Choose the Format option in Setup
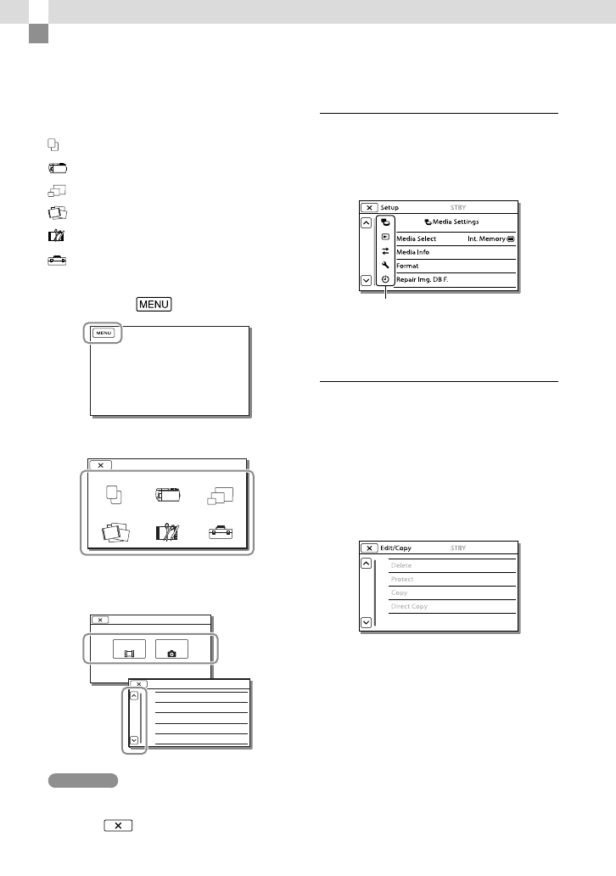click(x=408, y=266)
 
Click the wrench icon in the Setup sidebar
click(x=384, y=265)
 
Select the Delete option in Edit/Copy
click(x=402, y=565)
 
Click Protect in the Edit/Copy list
click(x=402, y=579)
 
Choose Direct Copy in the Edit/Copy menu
click(x=409, y=606)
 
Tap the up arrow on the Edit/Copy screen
click(x=366, y=563)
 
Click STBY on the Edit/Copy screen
click(x=458, y=548)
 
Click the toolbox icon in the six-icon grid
click(x=221, y=533)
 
